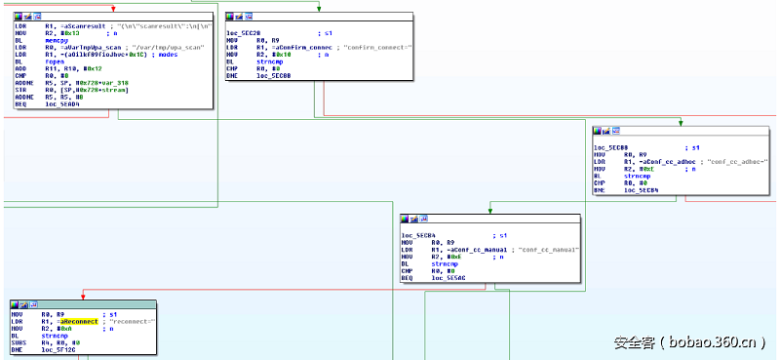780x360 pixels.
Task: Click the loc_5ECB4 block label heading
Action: tap(417, 236)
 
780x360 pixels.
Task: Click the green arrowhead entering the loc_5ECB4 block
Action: tap(489, 212)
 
